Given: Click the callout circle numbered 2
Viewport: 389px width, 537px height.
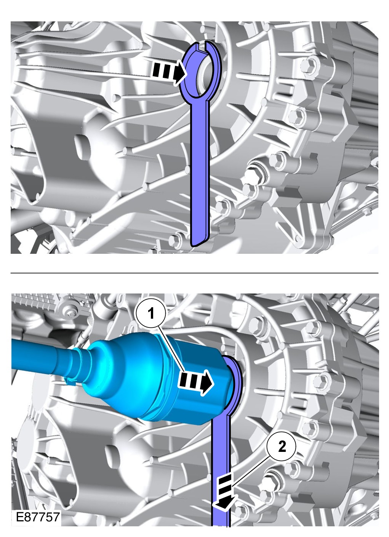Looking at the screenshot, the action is click(282, 446).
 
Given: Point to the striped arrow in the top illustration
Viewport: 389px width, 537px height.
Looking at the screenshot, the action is click(169, 72).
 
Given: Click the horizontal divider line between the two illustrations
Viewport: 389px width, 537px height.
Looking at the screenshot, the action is click(194, 273).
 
